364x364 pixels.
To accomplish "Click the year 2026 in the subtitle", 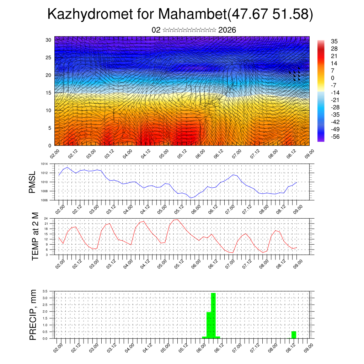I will (227, 30).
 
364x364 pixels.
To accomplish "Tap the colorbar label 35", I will (334, 41).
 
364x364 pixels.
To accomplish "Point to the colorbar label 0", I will (333, 78).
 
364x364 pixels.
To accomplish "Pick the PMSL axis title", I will (33, 182).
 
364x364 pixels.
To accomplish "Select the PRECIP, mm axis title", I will (33, 315).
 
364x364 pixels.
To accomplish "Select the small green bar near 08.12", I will (294, 334).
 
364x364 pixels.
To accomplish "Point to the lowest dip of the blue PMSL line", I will (191, 198).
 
